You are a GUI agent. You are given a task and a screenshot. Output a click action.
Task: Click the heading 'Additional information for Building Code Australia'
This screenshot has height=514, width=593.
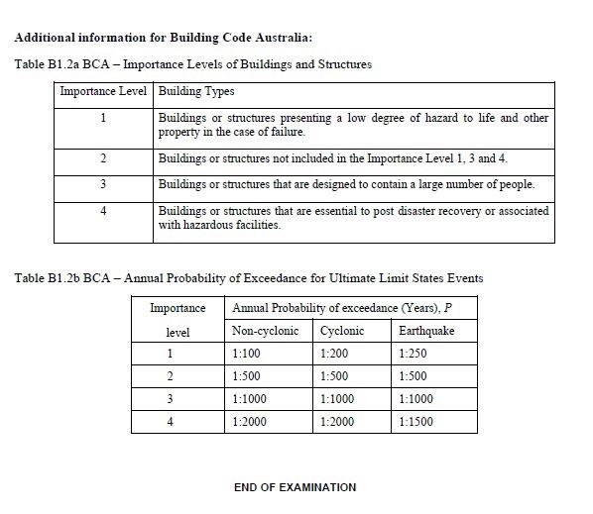[x=164, y=38]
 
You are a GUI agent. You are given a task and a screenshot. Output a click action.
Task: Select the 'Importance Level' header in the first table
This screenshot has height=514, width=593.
[x=103, y=91]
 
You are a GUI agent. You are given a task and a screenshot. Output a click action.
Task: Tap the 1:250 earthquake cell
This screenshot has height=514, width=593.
[x=413, y=353]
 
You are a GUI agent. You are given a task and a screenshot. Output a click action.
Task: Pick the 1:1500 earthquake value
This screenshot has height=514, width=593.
[x=415, y=421]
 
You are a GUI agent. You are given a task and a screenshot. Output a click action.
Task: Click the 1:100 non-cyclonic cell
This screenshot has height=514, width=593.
[x=246, y=353]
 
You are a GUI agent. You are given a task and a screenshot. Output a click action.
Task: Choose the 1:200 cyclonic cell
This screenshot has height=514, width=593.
[x=335, y=353]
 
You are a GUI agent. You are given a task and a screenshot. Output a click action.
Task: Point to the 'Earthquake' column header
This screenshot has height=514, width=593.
[x=425, y=330]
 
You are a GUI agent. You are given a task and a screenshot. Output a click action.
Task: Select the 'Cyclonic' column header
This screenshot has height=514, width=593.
[x=342, y=330]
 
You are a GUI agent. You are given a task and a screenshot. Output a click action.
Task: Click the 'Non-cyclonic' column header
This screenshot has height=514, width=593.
[x=265, y=330]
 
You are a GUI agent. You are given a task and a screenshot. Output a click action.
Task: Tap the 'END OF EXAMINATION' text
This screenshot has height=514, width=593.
[x=295, y=487]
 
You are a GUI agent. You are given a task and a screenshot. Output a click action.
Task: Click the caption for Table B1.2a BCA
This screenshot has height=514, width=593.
[x=193, y=64]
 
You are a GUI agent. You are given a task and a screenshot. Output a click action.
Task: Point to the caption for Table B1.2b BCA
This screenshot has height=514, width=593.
[x=249, y=277]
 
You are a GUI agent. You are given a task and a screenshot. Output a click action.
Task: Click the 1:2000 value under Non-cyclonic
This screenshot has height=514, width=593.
[x=249, y=421]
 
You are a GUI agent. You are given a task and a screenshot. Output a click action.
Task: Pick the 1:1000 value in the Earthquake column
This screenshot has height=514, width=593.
[x=415, y=398]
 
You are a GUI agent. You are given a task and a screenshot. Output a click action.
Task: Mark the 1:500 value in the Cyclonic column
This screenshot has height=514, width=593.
[x=335, y=375]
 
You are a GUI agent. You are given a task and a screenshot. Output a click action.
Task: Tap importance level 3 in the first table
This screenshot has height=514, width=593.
[x=103, y=184]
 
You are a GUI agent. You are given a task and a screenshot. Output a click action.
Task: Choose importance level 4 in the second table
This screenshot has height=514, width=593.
[x=170, y=421]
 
